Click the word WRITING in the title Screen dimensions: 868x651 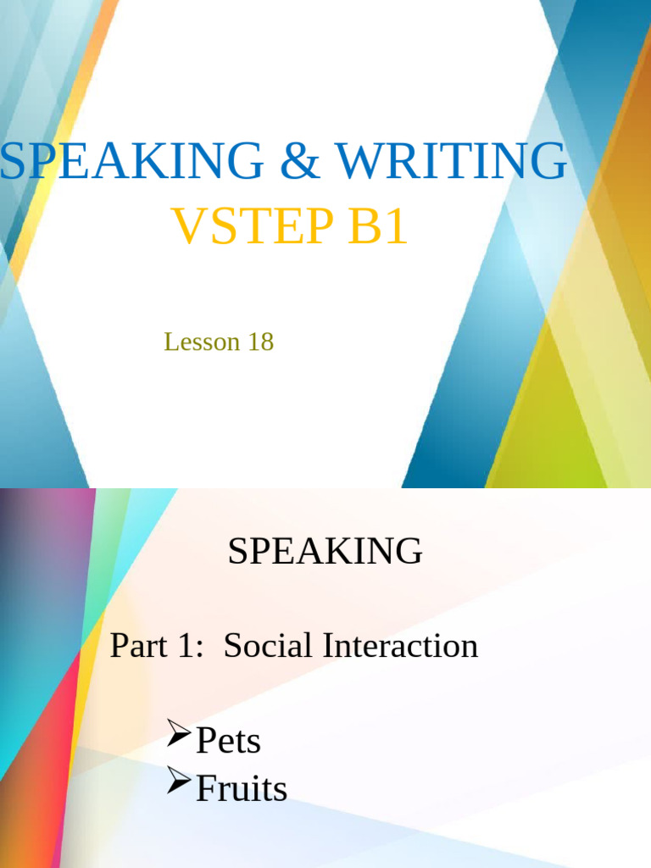[451, 161]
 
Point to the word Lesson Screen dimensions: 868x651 [192, 342]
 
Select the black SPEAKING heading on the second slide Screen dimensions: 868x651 [325, 552]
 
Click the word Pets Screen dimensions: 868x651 [228, 741]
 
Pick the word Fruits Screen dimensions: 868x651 [242, 789]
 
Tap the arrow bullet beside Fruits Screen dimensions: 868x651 [179, 781]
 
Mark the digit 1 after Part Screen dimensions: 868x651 [184, 646]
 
